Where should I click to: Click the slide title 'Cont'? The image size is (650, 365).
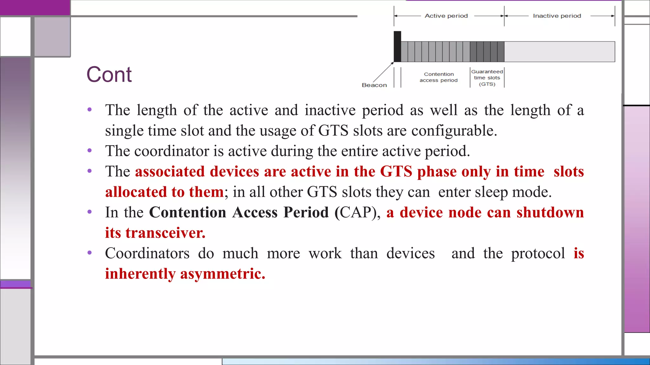coord(109,75)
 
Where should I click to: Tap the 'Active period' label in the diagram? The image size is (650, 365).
coord(446,16)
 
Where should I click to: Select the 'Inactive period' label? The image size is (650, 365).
coord(557,16)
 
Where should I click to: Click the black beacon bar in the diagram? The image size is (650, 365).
coord(397,47)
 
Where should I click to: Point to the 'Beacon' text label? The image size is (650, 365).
coord(374,85)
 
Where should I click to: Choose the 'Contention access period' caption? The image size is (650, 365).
coord(439,77)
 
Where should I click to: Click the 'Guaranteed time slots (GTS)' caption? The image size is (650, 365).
coord(487,78)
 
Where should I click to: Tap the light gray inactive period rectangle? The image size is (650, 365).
coord(559,52)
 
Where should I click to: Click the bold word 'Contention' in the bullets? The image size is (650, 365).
coord(188,213)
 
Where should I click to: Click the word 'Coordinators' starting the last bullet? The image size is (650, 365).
coord(147,253)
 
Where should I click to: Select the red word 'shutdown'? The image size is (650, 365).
coord(550,213)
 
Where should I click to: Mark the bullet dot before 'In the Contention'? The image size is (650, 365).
coord(90,212)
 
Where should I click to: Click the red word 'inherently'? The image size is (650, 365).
coord(140,274)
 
